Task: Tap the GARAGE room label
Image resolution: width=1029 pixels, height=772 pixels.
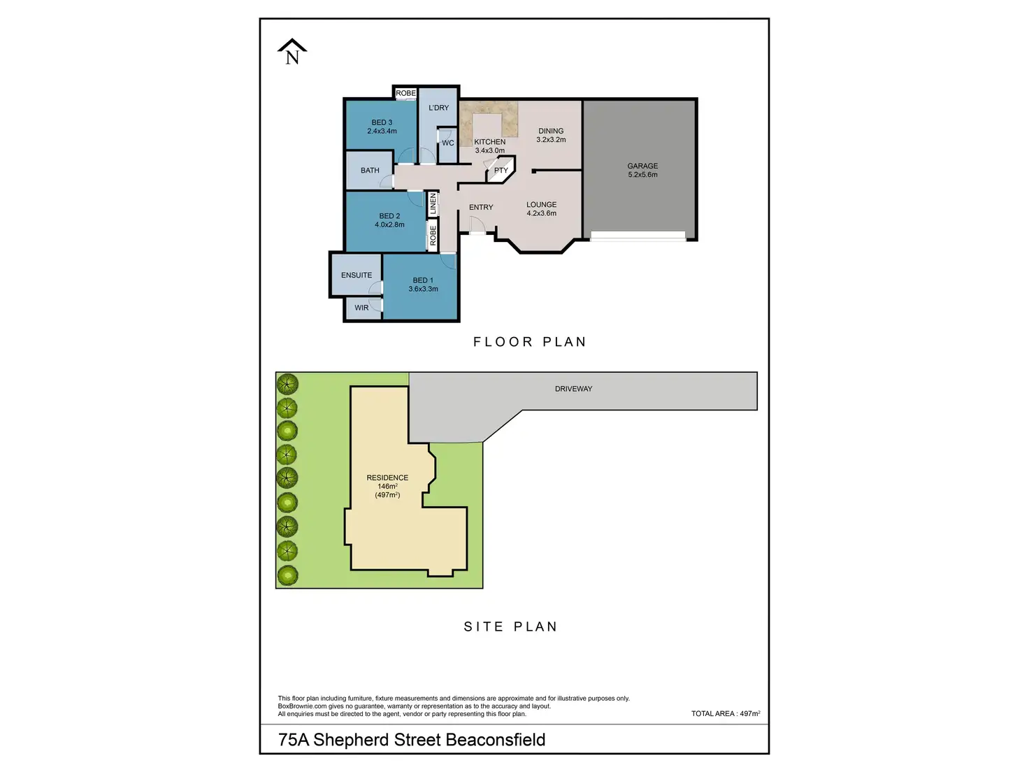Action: pyautogui.click(x=642, y=166)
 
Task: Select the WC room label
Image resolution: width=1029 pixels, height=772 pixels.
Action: pyautogui.click(x=448, y=143)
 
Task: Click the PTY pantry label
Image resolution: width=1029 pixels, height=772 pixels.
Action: pyautogui.click(x=501, y=171)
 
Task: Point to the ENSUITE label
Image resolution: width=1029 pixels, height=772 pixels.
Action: pyautogui.click(x=357, y=276)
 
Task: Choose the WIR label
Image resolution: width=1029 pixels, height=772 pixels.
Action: pyautogui.click(x=361, y=308)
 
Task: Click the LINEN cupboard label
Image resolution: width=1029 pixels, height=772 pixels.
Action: pyautogui.click(x=433, y=203)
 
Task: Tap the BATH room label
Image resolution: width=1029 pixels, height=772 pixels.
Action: pyautogui.click(x=370, y=171)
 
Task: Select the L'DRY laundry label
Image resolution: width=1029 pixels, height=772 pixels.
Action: pyautogui.click(x=439, y=108)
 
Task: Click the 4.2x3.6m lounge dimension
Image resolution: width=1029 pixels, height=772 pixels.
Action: pyautogui.click(x=542, y=214)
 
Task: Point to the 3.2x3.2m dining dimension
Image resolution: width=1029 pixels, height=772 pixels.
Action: pyautogui.click(x=551, y=140)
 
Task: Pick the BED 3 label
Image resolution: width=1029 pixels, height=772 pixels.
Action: pyautogui.click(x=382, y=122)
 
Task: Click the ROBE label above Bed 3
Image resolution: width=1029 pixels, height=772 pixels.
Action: pyautogui.click(x=405, y=94)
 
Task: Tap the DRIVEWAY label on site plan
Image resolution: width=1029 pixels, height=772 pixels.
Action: pyautogui.click(x=573, y=389)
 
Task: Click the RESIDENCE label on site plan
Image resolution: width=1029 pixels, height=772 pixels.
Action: pyautogui.click(x=387, y=478)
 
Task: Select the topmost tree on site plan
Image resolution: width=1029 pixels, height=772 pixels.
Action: pyautogui.click(x=287, y=384)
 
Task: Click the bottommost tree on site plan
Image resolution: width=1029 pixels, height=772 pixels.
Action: pyautogui.click(x=287, y=576)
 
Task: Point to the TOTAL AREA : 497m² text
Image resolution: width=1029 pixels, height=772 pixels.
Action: pyautogui.click(x=726, y=714)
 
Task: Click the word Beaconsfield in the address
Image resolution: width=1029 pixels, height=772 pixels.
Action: pyautogui.click(x=495, y=740)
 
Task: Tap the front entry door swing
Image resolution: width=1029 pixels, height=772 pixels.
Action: pyautogui.click(x=477, y=225)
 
